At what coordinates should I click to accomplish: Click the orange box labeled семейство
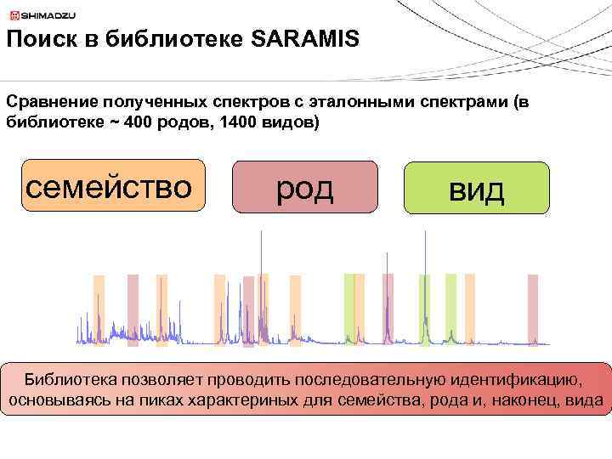[x=113, y=185]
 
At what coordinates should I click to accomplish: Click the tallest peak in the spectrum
[x=259, y=255]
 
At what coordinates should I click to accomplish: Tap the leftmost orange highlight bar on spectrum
[x=99, y=310]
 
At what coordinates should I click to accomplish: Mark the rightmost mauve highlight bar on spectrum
[x=533, y=310]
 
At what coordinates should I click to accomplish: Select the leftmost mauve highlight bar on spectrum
[x=133, y=310]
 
